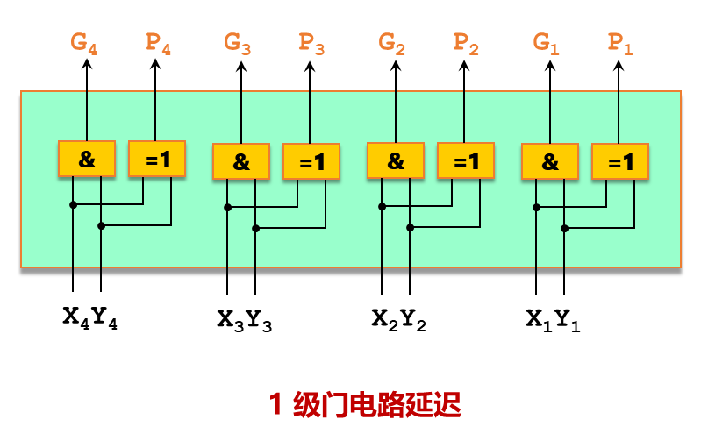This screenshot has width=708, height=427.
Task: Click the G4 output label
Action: [x=84, y=45]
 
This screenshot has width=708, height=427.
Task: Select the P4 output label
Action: [x=158, y=45]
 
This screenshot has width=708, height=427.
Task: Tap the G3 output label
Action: [x=238, y=43]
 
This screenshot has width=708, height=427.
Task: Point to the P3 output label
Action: [x=311, y=43]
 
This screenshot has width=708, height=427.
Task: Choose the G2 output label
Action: [x=392, y=43]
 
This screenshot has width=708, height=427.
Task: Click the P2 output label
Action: [x=466, y=43]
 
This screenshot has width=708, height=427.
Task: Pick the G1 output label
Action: [x=546, y=43]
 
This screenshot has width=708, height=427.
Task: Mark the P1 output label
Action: [x=620, y=43]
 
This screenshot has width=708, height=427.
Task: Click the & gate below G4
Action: [x=87, y=159]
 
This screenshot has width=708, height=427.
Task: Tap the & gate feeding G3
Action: [x=241, y=162]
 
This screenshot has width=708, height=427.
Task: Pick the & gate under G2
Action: [x=396, y=161]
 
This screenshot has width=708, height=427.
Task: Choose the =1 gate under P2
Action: [x=466, y=161]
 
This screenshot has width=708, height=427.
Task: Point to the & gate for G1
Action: [x=550, y=162]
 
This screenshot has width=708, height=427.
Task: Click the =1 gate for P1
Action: [x=620, y=162]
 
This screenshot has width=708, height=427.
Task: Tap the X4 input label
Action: [x=75, y=317]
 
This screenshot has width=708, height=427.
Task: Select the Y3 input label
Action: [x=259, y=321]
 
